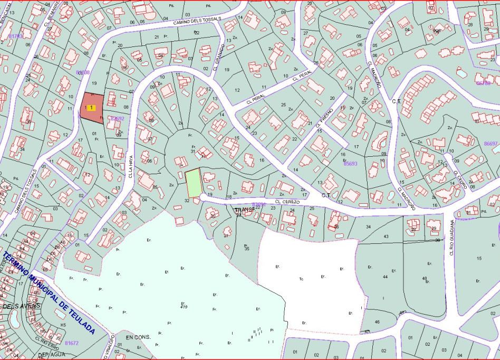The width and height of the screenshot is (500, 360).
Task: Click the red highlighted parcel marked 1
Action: coord(92,108)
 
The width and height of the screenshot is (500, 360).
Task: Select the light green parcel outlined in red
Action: coord(194,183)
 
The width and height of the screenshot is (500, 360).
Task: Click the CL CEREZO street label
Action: coord(287,202)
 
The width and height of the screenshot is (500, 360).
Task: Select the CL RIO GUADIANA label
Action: coord(453,238)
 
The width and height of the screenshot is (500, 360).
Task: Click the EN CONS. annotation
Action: coord(138,336)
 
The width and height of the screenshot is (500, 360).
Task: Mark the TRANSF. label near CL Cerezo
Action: coord(245,210)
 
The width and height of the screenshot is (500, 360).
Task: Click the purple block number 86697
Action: coord(491,144)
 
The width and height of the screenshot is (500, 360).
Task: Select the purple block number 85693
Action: coord(350,164)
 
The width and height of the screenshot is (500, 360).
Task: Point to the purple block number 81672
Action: coord(72,343)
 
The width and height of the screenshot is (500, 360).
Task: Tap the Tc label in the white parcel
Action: coord(301,279)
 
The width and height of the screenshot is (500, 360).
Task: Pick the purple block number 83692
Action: coord(117,119)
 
